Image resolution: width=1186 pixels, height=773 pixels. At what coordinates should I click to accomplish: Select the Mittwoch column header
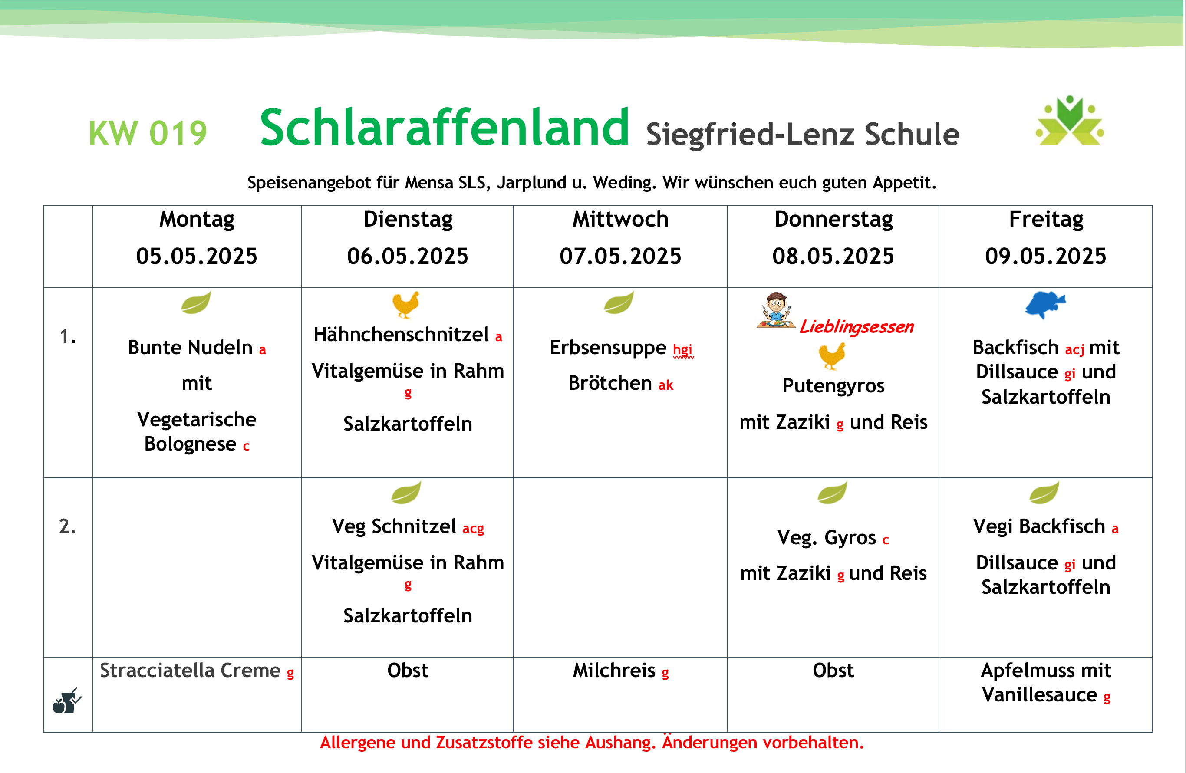pyautogui.click(x=620, y=219)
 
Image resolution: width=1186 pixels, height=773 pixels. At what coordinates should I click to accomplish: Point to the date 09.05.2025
pyautogui.click(x=1045, y=256)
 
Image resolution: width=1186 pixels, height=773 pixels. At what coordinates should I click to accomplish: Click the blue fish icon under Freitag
pyautogui.click(x=1045, y=304)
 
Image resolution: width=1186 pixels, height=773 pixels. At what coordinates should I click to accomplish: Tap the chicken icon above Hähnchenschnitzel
pyautogui.click(x=405, y=304)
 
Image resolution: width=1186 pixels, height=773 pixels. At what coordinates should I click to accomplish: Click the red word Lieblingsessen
pyautogui.click(x=857, y=327)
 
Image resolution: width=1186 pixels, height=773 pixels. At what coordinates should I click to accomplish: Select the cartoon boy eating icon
pyautogui.click(x=776, y=310)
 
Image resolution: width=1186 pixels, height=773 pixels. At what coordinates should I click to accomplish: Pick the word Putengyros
pyautogui.click(x=833, y=385)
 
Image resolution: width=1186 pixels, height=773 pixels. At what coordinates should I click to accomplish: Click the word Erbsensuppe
pyautogui.click(x=608, y=348)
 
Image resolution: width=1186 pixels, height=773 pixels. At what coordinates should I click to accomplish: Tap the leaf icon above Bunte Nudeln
pyautogui.click(x=196, y=303)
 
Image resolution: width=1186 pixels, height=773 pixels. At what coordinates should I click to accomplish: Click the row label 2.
pyautogui.click(x=67, y=526)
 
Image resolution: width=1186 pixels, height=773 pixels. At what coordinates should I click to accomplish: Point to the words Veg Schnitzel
pyautogui.click(x=394, y=526)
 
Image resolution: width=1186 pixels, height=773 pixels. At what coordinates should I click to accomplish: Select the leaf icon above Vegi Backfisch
pyautogui.click(x=1044, y=493)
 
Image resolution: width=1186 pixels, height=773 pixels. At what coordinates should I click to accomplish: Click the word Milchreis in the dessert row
pyautogui.click(x=614, y=671)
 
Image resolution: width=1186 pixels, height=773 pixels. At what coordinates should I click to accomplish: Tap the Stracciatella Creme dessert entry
pyautogui.click(x=197, y=671)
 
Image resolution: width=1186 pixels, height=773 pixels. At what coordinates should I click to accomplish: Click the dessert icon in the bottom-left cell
pyautogui.click(x=67, y=701)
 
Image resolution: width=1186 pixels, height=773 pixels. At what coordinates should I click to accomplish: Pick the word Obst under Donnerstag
pyautogui.click(x=833, y=671)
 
